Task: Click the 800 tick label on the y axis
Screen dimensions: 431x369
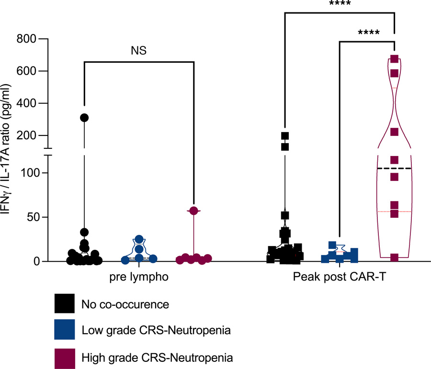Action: (26, 39)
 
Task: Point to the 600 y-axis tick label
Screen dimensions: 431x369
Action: (26, 71)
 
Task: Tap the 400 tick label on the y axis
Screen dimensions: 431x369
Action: (26, 103)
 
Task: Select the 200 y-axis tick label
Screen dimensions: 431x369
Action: (26, 135)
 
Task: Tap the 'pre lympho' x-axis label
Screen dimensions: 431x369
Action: (139, 277)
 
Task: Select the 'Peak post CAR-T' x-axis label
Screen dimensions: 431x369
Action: (340, 277)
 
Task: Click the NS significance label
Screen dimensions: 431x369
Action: (138, 51)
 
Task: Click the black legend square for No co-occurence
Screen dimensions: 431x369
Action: (65, 303)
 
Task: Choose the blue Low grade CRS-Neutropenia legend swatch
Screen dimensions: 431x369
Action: (65, 329)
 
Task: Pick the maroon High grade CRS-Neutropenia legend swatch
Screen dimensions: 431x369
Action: (65, 358)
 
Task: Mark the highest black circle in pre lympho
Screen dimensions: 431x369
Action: (84, 118)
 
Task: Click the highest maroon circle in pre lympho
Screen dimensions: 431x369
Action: (194, 211)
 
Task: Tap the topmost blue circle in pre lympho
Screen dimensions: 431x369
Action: (139, 239)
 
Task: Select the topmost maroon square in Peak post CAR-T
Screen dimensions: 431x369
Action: (395, 59)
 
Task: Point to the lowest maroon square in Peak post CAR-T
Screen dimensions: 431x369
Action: (395, 257)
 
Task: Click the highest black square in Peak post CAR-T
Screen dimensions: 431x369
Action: (285, 136)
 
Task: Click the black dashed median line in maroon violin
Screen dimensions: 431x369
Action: (395, 168)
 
